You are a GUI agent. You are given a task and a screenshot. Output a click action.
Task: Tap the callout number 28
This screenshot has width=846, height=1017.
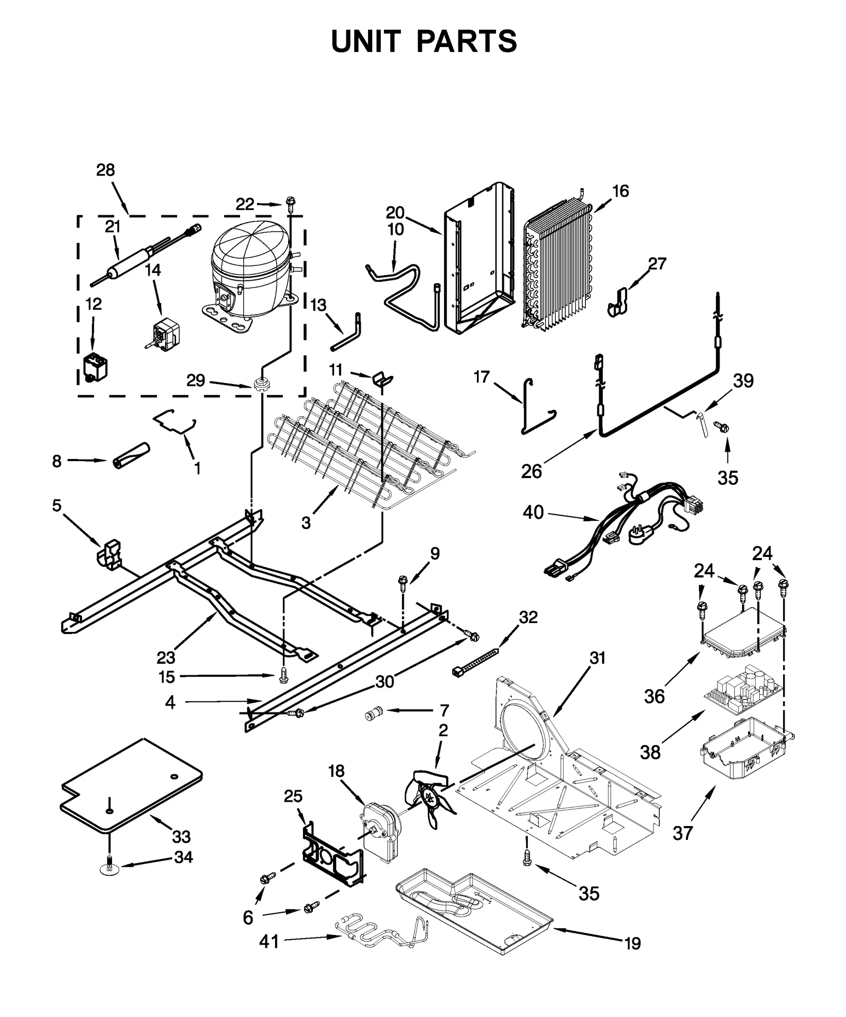(x=105, y=170)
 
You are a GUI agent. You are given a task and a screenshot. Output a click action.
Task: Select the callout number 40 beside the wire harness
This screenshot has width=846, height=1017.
(x=533, y=512)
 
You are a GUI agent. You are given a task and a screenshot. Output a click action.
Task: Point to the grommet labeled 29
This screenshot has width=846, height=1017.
(x=260, y=384)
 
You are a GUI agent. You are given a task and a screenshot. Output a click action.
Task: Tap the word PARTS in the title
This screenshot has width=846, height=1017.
(x=467, y=41)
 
